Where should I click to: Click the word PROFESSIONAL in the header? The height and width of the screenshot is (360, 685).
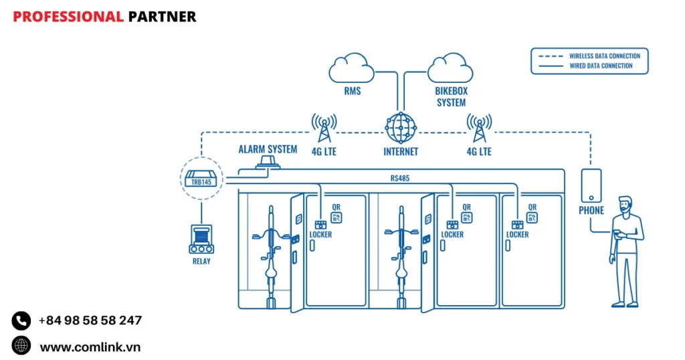[x=68, y=16]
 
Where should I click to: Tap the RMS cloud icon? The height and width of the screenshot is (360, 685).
[x=352, y=68]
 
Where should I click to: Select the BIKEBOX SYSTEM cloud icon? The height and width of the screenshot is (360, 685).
[x=451, y=68]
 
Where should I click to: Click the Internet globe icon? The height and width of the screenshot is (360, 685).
[x=401, y=126]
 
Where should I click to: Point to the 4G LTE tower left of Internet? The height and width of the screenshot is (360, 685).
[x=324, y=128]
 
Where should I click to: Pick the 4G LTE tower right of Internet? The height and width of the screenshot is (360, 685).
[x=479, y=128]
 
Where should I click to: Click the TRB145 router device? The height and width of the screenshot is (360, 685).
[x=201, y=179]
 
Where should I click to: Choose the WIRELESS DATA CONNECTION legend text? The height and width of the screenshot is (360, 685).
[x=605, y=56]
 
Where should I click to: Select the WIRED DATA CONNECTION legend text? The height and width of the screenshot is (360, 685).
[x=601, y=66]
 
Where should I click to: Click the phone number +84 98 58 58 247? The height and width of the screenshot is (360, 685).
[x=90, y=321]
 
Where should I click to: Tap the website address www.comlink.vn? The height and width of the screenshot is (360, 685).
[x=90, y=347]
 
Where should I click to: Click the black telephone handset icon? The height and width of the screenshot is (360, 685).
[x=21, y=321]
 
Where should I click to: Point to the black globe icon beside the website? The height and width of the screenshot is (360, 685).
[x=21, y=346]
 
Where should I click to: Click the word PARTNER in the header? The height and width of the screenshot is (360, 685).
[x=162, y=16]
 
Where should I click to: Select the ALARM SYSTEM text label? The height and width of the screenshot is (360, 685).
[x=268, y=149]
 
